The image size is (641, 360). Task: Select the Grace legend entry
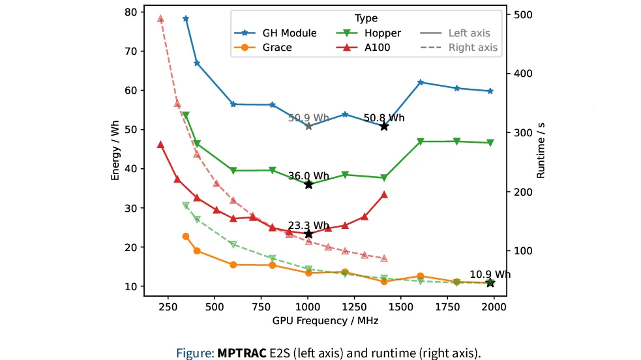[x=277, y=47]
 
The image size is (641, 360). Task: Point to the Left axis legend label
[x=469, y=33]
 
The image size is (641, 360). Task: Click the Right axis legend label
[x=473, y=47]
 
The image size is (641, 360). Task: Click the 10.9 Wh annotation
[x=490, y=274]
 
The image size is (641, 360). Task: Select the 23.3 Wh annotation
[x=308, y=225]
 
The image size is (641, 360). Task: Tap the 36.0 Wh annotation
[x=308, y=176]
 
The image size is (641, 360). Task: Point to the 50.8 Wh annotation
[x=384, y=118]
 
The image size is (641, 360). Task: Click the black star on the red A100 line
[x=308, y=233]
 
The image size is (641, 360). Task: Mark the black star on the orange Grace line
[x=490, y=282]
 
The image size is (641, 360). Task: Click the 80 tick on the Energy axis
[x=130, y=12]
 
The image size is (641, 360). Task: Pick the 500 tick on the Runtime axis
[x=522, y=14]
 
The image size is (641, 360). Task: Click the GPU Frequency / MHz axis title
[x=326, y=321]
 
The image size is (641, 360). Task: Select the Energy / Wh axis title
[x=115, y=153]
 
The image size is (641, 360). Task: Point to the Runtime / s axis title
[x=541, y=153]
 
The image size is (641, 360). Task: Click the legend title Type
[x=366, y=19]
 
